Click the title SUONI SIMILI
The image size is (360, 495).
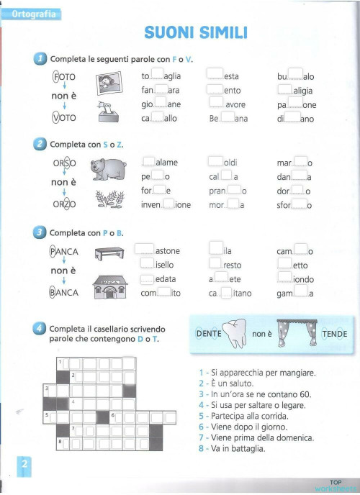196,32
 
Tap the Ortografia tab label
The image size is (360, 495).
32,14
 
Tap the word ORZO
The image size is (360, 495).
63,204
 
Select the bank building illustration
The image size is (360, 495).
109,287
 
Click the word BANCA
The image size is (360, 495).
63,293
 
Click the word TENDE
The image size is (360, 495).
334,335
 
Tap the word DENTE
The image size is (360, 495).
209,335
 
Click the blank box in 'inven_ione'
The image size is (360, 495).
169,204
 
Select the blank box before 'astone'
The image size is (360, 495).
145,250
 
